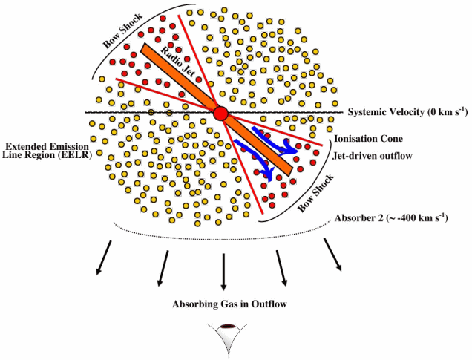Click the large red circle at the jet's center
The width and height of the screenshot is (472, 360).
coord(221,114)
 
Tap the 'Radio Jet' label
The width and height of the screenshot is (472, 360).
coord(178,62)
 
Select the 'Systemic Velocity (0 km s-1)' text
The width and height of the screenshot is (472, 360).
coord(407,111)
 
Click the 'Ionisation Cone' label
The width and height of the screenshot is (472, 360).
coord(368,139)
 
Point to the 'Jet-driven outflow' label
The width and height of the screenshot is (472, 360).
coord(373,156)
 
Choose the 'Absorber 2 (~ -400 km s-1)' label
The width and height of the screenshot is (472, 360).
coord(391,217)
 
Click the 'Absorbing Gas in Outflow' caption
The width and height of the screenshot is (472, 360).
coord(229,304)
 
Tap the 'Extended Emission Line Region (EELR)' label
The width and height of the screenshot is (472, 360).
coord(47,151)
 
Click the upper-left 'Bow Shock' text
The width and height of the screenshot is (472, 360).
coord(122,30)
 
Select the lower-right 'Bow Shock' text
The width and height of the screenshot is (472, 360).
coord(315,193)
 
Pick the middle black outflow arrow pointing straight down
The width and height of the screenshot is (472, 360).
coord(223,272)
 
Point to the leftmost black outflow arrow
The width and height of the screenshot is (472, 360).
coord(104,258)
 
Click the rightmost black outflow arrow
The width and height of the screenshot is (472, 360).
coord(332,255)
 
